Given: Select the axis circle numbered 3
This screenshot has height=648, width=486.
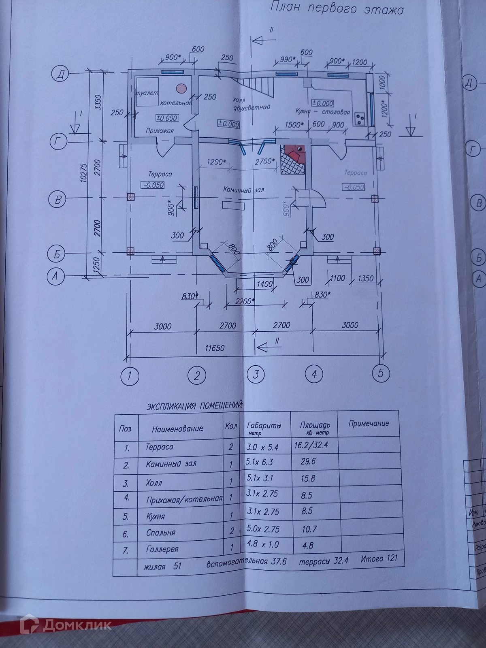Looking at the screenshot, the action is coord(256,374).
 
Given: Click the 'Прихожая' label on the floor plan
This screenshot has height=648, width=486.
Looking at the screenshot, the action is coord(160,130).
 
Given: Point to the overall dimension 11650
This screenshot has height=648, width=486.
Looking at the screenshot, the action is coord(215,348).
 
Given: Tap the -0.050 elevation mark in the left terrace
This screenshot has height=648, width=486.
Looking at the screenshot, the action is coord(153,185).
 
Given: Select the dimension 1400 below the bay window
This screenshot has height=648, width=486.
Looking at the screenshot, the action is coord(265,284).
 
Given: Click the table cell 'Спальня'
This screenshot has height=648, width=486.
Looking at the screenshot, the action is coord(161,533).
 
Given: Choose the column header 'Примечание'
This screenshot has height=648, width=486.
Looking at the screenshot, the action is coord(369,424).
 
